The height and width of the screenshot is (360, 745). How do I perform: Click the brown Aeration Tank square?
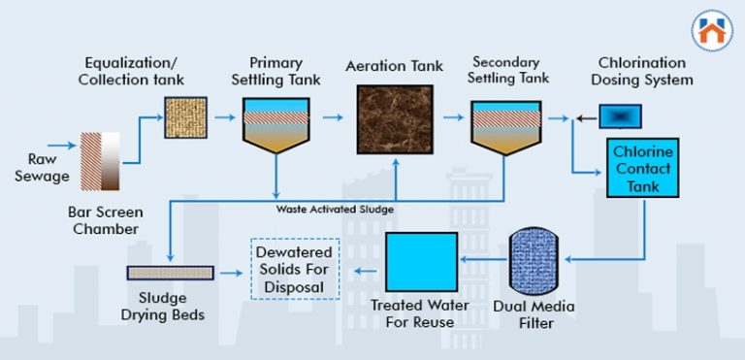pyautogui.click(x=395, y=119)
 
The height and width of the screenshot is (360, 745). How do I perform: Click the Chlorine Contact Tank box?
pyautogui.click(x=641, y=168)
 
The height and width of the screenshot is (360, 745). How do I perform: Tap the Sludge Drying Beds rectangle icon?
pyautogui.click(x=171, y=274)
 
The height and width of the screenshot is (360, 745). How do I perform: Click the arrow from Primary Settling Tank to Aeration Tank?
pyautogui.click(x=332, y=117)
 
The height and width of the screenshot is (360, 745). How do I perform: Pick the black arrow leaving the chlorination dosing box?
pyautogui.click(x=584, y=117)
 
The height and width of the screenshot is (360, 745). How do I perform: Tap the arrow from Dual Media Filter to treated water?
pyautogui.click(x=481, y=259)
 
